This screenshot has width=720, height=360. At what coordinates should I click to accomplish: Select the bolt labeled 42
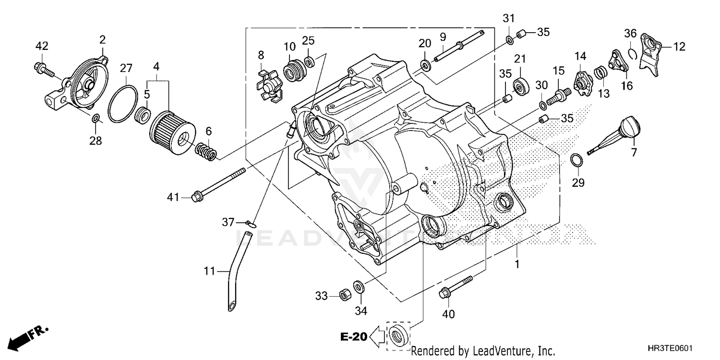pos(46,70)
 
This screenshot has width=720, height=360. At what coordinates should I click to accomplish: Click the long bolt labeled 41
pos(218,183)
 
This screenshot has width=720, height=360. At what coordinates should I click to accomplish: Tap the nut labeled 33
pos(344,295)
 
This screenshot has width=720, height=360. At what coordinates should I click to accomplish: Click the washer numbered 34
pos(359,287)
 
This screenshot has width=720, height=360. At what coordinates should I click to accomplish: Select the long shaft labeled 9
pos(458,46)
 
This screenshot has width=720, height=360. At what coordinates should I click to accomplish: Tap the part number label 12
pos(679,47)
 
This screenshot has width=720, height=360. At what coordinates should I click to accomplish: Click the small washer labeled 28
pos(96,118)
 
